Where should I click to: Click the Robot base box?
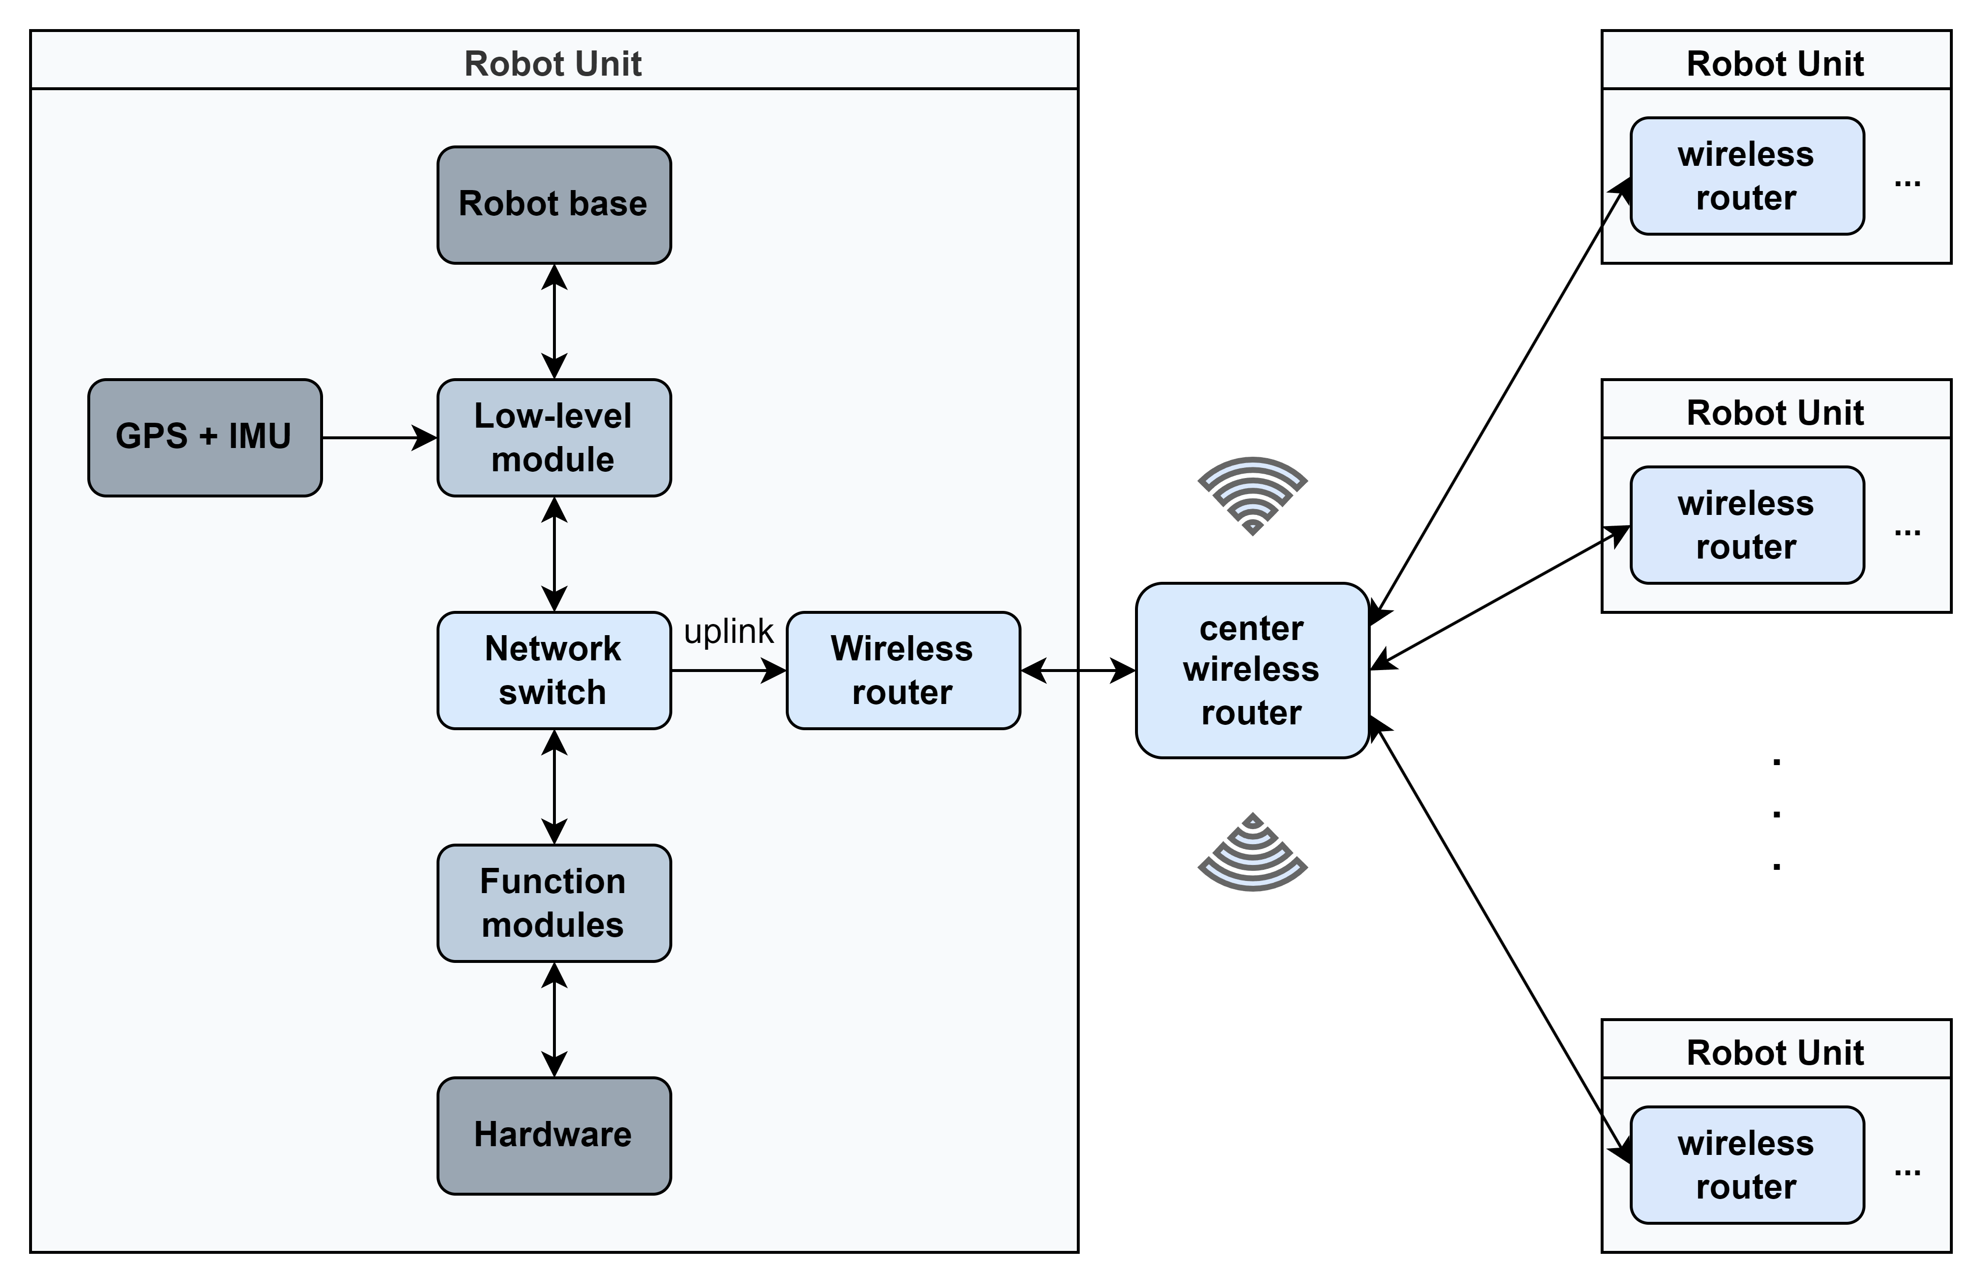pyautogui.click(x=554, y=205)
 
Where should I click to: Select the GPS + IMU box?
pyautogui.click(x=205, y=438)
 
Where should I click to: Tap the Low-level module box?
pyautogui.click(x=554, y=438)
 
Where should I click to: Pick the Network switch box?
pyautogui.click(x=554, y=671)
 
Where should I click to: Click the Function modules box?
pyautogui.click(x=554, y=903)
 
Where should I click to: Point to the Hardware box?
pyautogui.click(x=554, y=1136)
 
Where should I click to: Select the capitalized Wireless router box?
pyautogui.click(x=903, y=671)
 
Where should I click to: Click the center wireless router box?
pyautogui.click(x=1252, y=671)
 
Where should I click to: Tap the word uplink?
pyautogui.click(x=729, y=632)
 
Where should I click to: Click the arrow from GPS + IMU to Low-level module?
pyautogui.click(x=380, y=438)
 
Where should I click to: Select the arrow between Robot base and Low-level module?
pyautogui.click(x=554, y=321)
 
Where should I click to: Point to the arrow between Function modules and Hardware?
pyautogui.click(x=554, y=1020)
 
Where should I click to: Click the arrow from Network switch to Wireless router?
pyautogui.click(x=729, y=671)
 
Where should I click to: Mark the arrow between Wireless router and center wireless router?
pyautogui.click(x=1078, y=671)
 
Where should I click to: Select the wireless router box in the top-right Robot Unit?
pyautogui.click(x=1747, y=176)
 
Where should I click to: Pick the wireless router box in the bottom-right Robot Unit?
pyautogui.click(x=1747, y=1165)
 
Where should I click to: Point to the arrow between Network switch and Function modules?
pyautogui.click(x=554, y=787)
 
